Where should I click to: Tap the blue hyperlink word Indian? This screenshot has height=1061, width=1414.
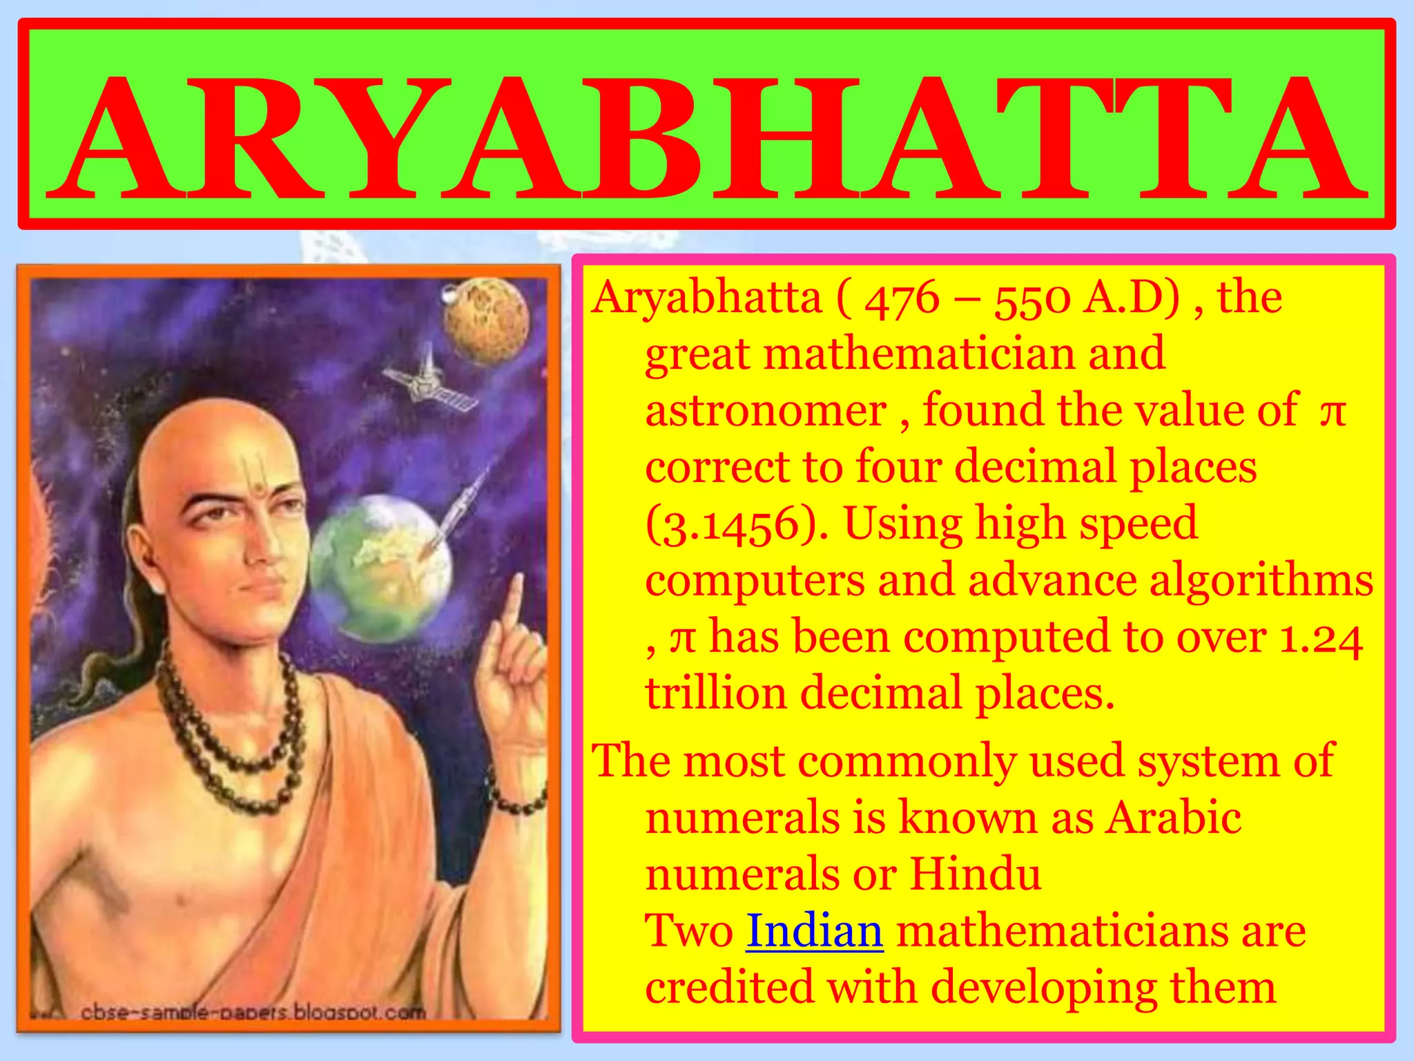815,931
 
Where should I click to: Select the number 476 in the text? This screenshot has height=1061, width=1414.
902,300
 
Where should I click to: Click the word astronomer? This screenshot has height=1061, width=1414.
766,412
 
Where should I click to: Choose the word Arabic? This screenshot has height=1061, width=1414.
1174,818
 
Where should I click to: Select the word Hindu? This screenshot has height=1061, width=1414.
975,874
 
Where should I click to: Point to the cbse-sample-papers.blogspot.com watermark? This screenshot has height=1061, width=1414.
253,1013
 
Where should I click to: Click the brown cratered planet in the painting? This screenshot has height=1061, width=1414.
487,321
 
